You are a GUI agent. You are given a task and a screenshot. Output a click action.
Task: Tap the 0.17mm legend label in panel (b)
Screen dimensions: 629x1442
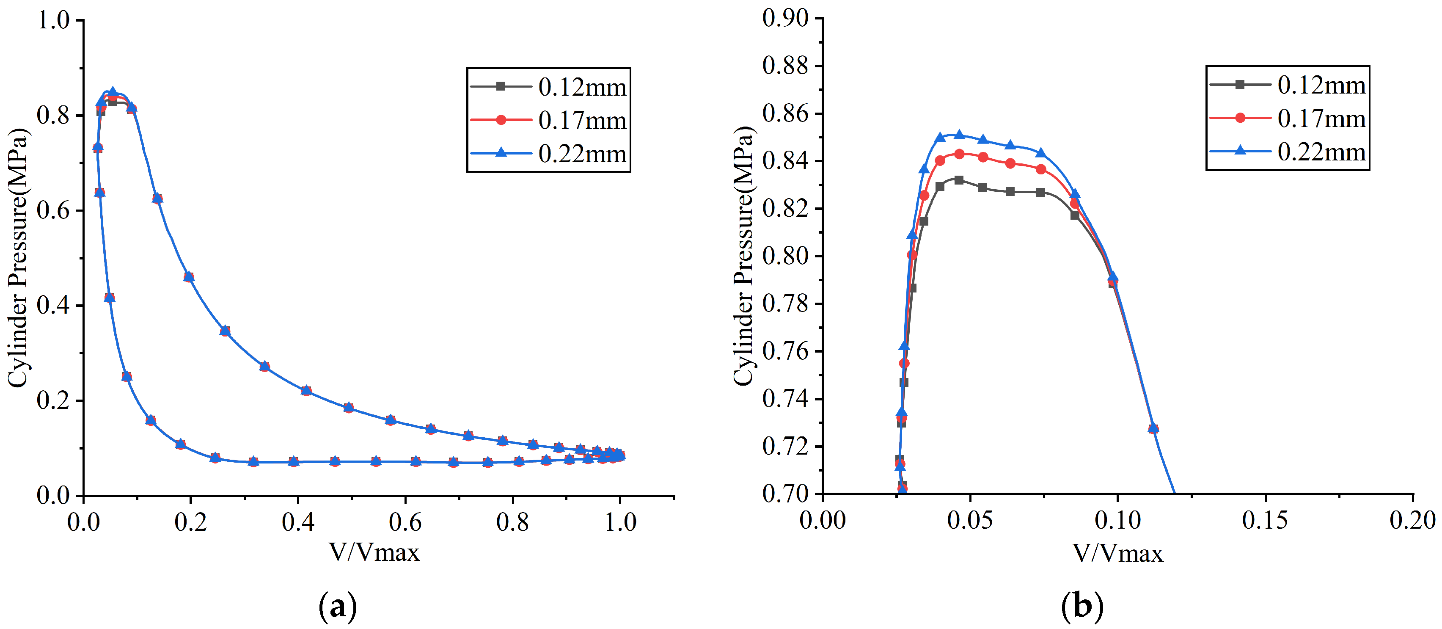point(1321,118)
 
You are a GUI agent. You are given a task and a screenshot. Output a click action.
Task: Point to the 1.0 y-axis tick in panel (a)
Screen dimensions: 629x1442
point(53,21)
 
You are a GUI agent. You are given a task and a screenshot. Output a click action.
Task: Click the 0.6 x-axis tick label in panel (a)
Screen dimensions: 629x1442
point(405,522)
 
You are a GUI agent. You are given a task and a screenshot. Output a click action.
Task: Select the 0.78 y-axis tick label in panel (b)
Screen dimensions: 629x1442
point(785,303)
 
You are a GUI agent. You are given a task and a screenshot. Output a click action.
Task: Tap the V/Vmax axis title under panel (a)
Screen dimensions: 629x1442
point(374,552)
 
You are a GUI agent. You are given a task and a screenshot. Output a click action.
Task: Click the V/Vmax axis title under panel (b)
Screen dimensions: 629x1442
point(1117,553)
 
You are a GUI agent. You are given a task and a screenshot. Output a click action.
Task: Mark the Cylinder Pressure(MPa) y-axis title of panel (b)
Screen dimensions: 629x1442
point(744,256)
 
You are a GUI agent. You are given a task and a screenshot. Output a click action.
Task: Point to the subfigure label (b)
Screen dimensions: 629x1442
point(1081,607)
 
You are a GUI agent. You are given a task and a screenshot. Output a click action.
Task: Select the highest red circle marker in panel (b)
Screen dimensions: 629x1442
point(959,154)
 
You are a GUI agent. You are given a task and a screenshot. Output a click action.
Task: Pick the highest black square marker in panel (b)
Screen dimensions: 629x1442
point(959,180)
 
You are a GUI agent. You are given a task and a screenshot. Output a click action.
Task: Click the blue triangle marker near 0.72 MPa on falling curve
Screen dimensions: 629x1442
point(1153,428)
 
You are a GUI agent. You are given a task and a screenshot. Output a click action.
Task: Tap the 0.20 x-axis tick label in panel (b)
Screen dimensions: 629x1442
point(1412,520)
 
